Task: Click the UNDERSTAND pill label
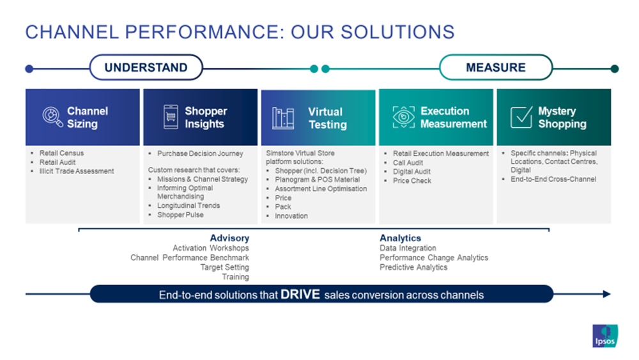click(x=146, y=68)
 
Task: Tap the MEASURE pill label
click(x=496, y=68)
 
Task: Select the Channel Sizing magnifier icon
click(x=52, y=117)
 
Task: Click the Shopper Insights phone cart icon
click(x=171, y=117)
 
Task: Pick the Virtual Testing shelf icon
click(x=283, y=118)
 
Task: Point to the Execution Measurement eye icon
click(x=403, y=117)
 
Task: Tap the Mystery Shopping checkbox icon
click(x=521, y=117)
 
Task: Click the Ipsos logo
click(x=604, y=336)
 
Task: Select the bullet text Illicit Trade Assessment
click(x=77, y=171)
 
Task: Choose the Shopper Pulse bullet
click(x=180, y=215)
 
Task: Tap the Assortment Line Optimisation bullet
click(x=321, y=189)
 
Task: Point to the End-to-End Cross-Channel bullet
click(x=553, y=180)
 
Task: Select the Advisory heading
click(x=229, y=239)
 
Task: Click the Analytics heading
click(x=401, y=239)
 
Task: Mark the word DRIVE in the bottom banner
click(x=300, y=295)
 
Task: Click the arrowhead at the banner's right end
click(x=606, y=294)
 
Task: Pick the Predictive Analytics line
click(x=413, y=267)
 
